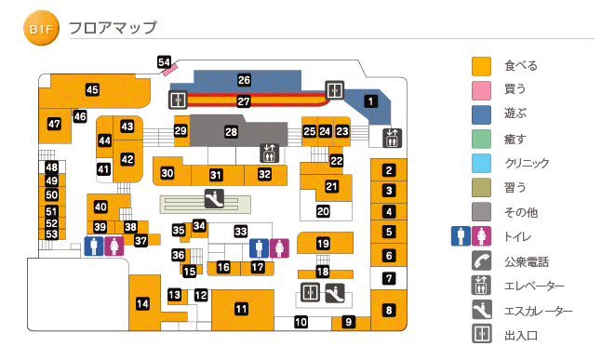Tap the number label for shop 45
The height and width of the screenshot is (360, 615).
(x=92, y=90)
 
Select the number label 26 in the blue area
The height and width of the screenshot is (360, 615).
(x=244, y=81)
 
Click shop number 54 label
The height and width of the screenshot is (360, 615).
(x=165, y=62)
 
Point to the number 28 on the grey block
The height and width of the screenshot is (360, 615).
(x=231, y=133)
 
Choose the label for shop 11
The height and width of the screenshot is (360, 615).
(x=241, y=309)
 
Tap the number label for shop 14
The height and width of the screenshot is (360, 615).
(x=142, y=303)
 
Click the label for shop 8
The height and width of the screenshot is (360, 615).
(x=389, y=310)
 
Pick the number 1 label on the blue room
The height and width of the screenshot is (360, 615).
(x=369, y=101)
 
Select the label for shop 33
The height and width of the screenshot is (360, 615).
(x=240, y=232)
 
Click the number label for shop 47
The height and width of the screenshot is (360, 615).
(x=54, y=124)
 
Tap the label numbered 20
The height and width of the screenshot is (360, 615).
(x=323, y=212)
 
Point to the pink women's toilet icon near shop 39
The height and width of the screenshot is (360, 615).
(x=113, y=247)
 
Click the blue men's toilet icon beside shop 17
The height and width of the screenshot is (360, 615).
(x=259, y=248)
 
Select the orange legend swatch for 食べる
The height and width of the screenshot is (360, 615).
(x=481, y=66)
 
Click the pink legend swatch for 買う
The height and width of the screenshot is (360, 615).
(x=481, y=90)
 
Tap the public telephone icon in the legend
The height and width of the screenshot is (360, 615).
(x=481, y=261)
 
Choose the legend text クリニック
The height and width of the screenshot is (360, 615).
(x=527, y=164)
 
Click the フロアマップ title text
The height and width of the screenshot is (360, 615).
(x=113, y=30)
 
